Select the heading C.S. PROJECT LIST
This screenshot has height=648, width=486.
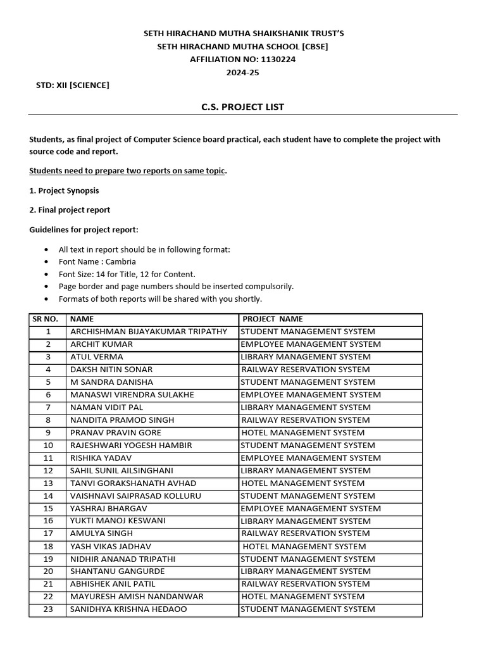coord(242,107)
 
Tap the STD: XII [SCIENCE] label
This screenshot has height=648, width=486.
coord(73,85)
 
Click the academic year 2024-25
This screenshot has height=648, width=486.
coord(243,72)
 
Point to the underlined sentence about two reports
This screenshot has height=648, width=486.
coord(128,171)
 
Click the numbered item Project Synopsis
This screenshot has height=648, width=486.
coord(64,190)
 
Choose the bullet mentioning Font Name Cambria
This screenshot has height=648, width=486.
coord(97,261)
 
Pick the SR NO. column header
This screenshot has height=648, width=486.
coord(46,319)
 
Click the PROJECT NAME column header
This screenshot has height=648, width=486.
coord(273,319)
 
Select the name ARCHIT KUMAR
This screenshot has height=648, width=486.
coord(101,344)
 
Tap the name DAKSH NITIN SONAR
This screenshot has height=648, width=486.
coord(111,370)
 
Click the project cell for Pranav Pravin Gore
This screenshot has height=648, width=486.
coord(302,433)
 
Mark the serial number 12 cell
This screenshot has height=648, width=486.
coord(48,471)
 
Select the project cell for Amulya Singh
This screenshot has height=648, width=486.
coord(306,533)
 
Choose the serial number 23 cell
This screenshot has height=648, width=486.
coord(48,609)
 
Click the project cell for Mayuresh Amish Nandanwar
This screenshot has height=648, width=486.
coord(302,597)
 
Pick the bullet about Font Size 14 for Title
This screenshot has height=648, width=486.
coord(127,274)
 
